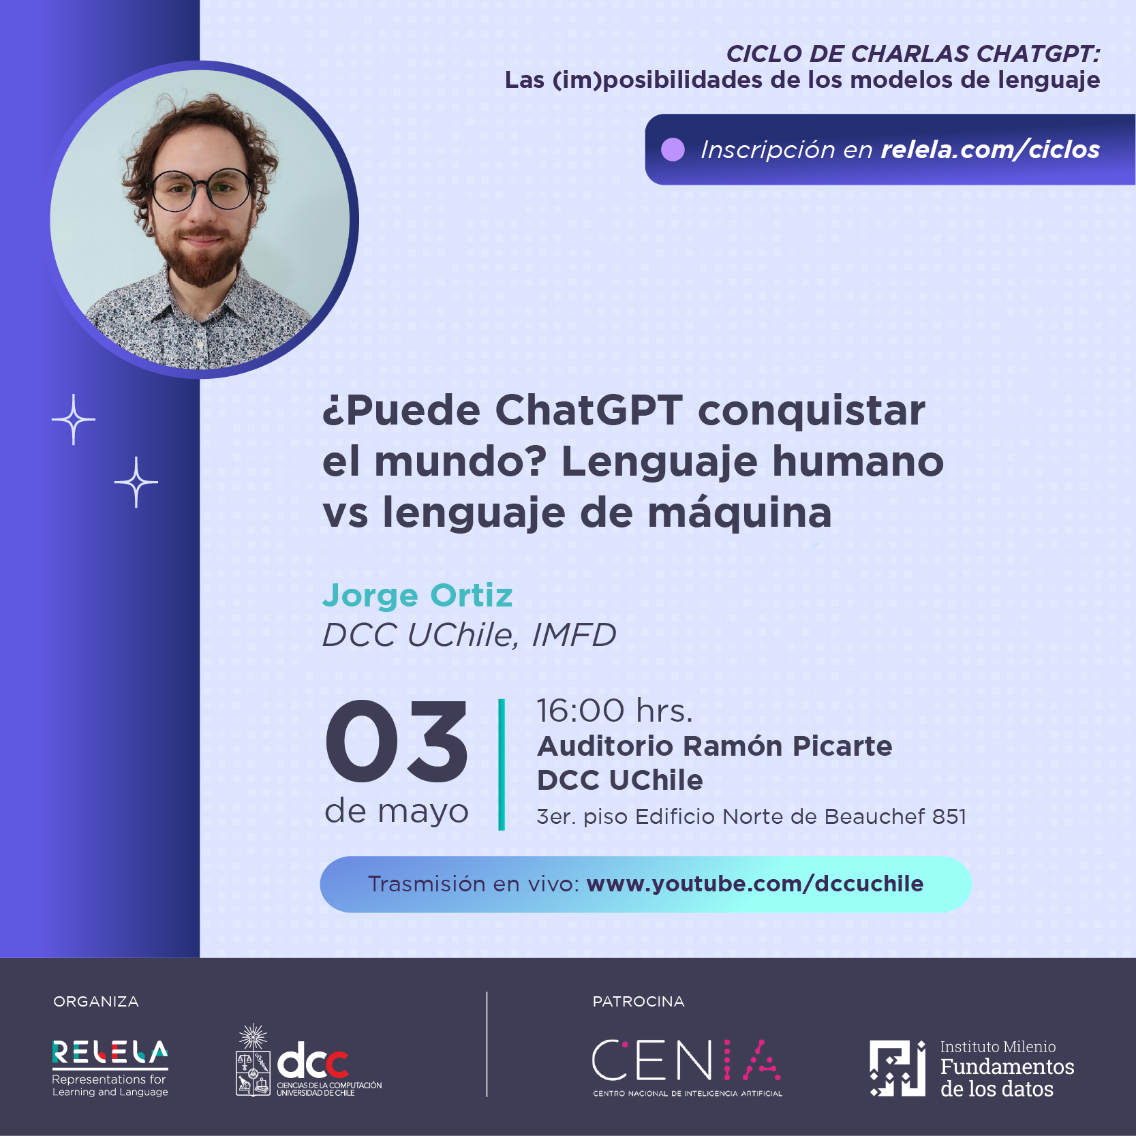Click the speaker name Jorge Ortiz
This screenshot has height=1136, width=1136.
(417, 596)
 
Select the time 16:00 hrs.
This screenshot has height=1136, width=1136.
(615, 711)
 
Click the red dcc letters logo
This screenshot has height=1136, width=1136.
(313, 1062)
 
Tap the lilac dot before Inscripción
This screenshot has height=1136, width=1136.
(673, 149)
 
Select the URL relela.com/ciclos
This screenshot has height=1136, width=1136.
(990, 149)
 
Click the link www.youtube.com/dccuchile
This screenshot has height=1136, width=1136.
(754, 884)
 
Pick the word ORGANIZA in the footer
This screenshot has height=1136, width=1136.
(96, 1001)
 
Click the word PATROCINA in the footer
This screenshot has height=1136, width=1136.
(639, 1001)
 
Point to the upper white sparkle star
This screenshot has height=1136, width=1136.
(74, 419)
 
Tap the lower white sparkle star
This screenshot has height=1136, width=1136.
(136, 482)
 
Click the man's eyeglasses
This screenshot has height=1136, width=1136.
(201, 189)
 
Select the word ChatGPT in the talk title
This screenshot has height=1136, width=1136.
(589, 410)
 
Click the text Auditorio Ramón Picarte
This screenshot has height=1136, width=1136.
(715, 746)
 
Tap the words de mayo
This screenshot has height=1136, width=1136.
(397, 812)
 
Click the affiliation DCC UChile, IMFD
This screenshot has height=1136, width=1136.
(470, 635)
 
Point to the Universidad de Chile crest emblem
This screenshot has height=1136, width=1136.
(253, 1060)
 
